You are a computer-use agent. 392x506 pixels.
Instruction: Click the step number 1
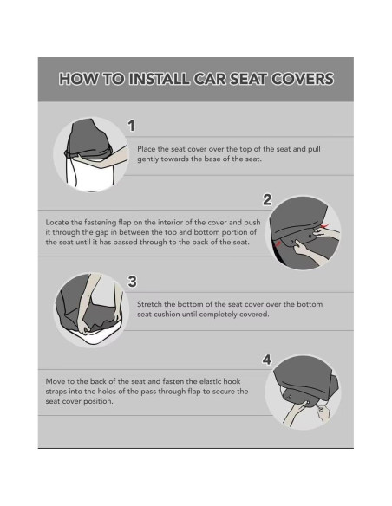131,126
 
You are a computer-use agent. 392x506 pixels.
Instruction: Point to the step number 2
267,199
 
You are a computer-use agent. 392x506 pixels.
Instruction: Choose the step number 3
132,281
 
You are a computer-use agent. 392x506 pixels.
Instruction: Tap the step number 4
267,359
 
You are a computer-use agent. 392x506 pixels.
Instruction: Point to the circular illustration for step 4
306,392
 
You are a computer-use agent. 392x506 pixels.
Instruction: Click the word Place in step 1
147,150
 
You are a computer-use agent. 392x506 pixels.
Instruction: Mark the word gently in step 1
149,160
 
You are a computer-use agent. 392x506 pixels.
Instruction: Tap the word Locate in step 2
59,222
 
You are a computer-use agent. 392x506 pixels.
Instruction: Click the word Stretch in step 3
151,304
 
